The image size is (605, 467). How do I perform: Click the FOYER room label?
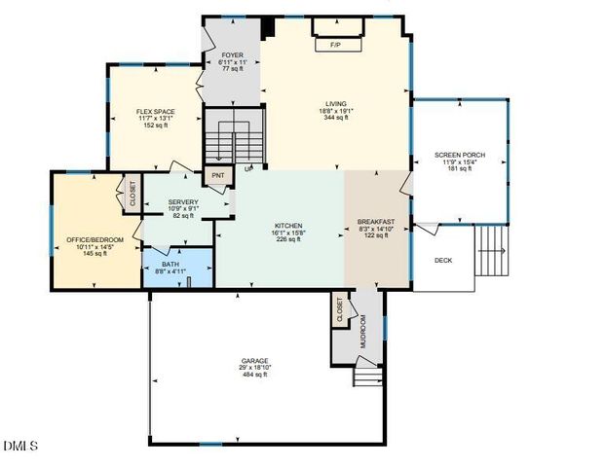pyautogui.click(x=232, y=55)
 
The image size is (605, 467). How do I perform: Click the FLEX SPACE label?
pyautogui.click(x=154, y=112)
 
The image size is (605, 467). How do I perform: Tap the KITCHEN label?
pyautogui.click(x=287, y=226)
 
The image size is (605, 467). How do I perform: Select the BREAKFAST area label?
pyautogui.click(x=375, y=222)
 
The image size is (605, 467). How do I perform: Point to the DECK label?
pyautogui.click(x=443, y=260)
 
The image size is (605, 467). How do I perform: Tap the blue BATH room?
pyautogui.click(x=176, y=267)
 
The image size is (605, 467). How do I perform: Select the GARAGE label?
pyautogui.click(x=255, y=361)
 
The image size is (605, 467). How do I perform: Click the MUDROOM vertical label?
pyautogui.click(x=364, y=334)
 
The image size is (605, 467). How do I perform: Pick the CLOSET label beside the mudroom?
pyautogui.click(x=340, y=310)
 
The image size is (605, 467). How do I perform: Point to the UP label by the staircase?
pyautogui.click(x=248, y=168)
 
